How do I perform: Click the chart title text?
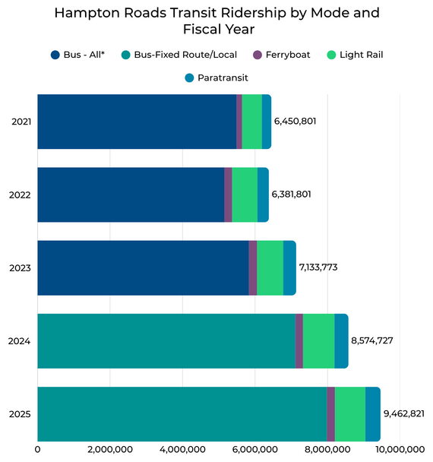point(216,21)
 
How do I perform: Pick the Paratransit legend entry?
point(216,78)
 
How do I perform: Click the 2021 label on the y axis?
point(21,122)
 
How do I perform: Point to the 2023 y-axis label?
point(21,268)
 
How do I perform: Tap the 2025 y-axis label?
point(21,414)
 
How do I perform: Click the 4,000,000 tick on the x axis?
point(182,450)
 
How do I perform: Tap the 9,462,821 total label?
point(403,414)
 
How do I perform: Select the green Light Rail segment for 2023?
point(270,268)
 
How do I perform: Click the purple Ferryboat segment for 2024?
point(299,341)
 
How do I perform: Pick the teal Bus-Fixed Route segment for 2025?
point(182,414)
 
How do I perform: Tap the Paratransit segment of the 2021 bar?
point(267,122)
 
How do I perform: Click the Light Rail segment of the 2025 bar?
point(350,414)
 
